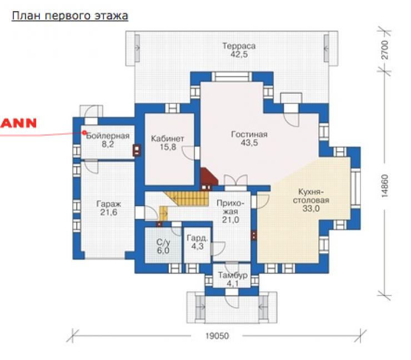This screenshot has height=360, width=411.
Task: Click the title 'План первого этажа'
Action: pyautogui.click(x=70, y=16)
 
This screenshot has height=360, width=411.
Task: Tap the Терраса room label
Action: pyautogui.click(x=239, y=46)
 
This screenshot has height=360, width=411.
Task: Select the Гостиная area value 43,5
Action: pyautogui.click(x=249, y=143)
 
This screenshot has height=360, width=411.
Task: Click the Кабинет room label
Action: pyautogui.click(x=168, y=138)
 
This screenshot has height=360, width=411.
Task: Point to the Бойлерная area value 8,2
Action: pyautogui.click(x=108, y=144)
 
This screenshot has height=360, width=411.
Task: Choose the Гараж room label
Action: pyautogui.click(x=108, y=204)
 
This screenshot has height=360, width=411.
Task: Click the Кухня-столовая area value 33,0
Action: pyautogui.click(x=311, y=209)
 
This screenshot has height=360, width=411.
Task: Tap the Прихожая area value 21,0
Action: pyautogui.click(x=230, y=220)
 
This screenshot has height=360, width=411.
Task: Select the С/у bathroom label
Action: pyautogui.click(x=163, y=242)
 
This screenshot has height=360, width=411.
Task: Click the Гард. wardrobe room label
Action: pyautogui.click(x=197, y=238)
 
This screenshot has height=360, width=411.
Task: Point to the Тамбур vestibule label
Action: pyautogui.click(x=233, y=276)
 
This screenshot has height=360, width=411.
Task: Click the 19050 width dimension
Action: pyautogui.click(x=217, y=336)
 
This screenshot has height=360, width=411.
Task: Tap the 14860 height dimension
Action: pyautogui.click(x=384, y=186)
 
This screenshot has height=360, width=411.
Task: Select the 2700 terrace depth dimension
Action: pyautogui.click(x=384, y=50)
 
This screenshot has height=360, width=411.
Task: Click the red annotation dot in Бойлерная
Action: pyautogui.click(x=84, y=133)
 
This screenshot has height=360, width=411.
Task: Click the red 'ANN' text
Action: pyautogui.click(x=18, y=123)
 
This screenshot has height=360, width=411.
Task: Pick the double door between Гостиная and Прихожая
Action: pyautogui.click(x=235, y=182)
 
